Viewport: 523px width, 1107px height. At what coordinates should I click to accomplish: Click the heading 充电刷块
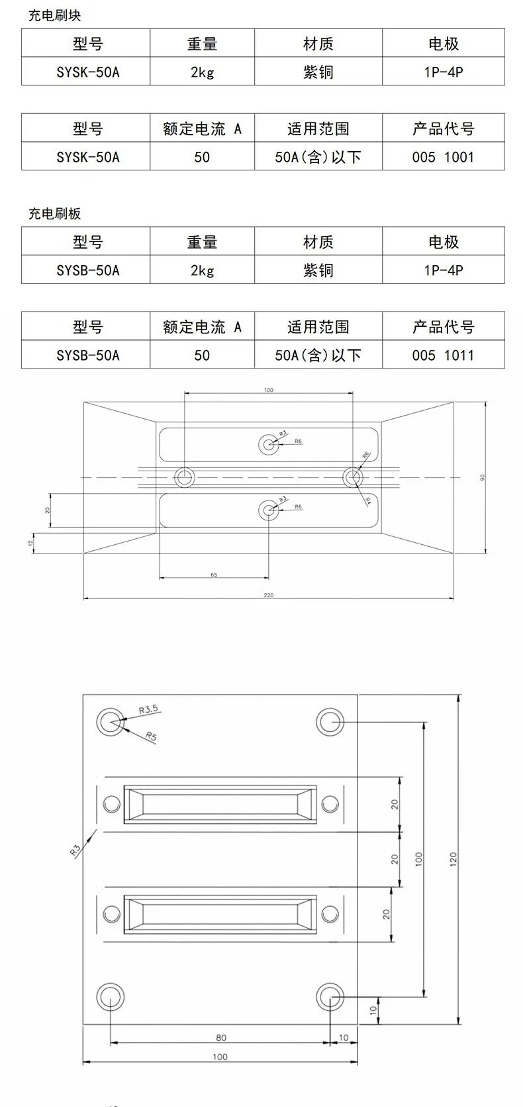[x=54, y=15]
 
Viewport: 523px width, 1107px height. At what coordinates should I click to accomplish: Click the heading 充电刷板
[x=54, y=213]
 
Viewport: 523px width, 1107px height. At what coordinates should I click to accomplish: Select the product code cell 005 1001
[x=443, y=157]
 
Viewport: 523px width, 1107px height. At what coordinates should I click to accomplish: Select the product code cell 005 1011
[x=443, y=355]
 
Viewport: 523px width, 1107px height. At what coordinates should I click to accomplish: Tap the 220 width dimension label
[x=268, y=595]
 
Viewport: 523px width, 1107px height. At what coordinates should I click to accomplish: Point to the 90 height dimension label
[x=483, y=477]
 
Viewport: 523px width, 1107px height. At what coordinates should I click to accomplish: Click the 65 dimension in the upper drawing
[x=214, y=575]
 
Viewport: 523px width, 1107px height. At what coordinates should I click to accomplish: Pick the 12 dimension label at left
[x=30, y=542]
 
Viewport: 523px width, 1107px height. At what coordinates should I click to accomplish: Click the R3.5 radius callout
[x=148, y=709]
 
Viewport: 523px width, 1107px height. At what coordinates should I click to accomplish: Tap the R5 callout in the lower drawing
[x=151, y=736]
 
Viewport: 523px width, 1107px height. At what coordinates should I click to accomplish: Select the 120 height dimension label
[x=453, y=860]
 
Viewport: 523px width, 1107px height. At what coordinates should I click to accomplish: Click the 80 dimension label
[x=221, y=1037]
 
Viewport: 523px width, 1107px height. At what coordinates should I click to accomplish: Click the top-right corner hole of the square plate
[x=330, y=722]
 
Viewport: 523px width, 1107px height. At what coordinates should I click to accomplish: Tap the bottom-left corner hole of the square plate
[x=110, y=997]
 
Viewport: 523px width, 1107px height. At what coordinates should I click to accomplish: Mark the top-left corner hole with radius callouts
[x=110, y=722]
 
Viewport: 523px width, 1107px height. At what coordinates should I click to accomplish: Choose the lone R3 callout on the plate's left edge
[x=75, y=849]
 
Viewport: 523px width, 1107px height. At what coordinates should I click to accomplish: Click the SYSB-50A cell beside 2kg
[x=88, y=270]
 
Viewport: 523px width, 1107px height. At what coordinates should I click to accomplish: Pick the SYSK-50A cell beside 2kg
[x=88, y=72]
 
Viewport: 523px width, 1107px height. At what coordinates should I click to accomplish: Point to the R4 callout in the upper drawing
[x=368, y=501]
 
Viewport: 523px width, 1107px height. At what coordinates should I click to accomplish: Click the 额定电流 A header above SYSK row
[x=202, y=129]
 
